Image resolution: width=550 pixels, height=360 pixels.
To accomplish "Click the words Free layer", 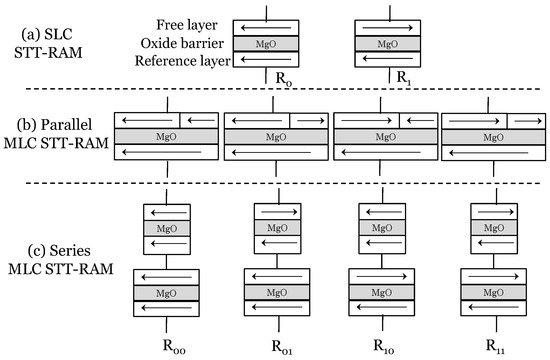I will tap(188, 24).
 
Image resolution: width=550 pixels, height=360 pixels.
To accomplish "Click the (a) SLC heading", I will tap(49, 32).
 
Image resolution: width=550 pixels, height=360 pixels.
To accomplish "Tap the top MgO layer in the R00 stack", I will tap(165, 228).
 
